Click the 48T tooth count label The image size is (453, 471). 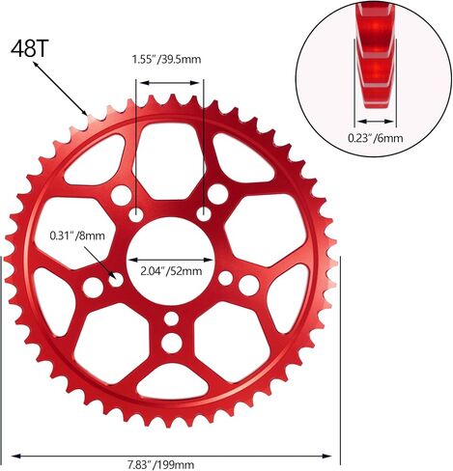tap(29, 48)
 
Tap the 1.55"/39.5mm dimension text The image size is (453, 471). tap(166, 60)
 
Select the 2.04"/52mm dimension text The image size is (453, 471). tap(171, 271)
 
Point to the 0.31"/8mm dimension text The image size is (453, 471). tap(77, 235)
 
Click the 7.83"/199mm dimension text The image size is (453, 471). tap(161, 465)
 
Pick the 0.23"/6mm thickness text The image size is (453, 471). tap(376, 138)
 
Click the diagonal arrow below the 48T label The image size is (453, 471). tap(60, 89)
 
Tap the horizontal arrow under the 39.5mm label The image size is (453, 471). tap(170, 83)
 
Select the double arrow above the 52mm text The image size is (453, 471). tap(171, 260)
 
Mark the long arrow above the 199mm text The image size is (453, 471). tap(171, 456)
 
